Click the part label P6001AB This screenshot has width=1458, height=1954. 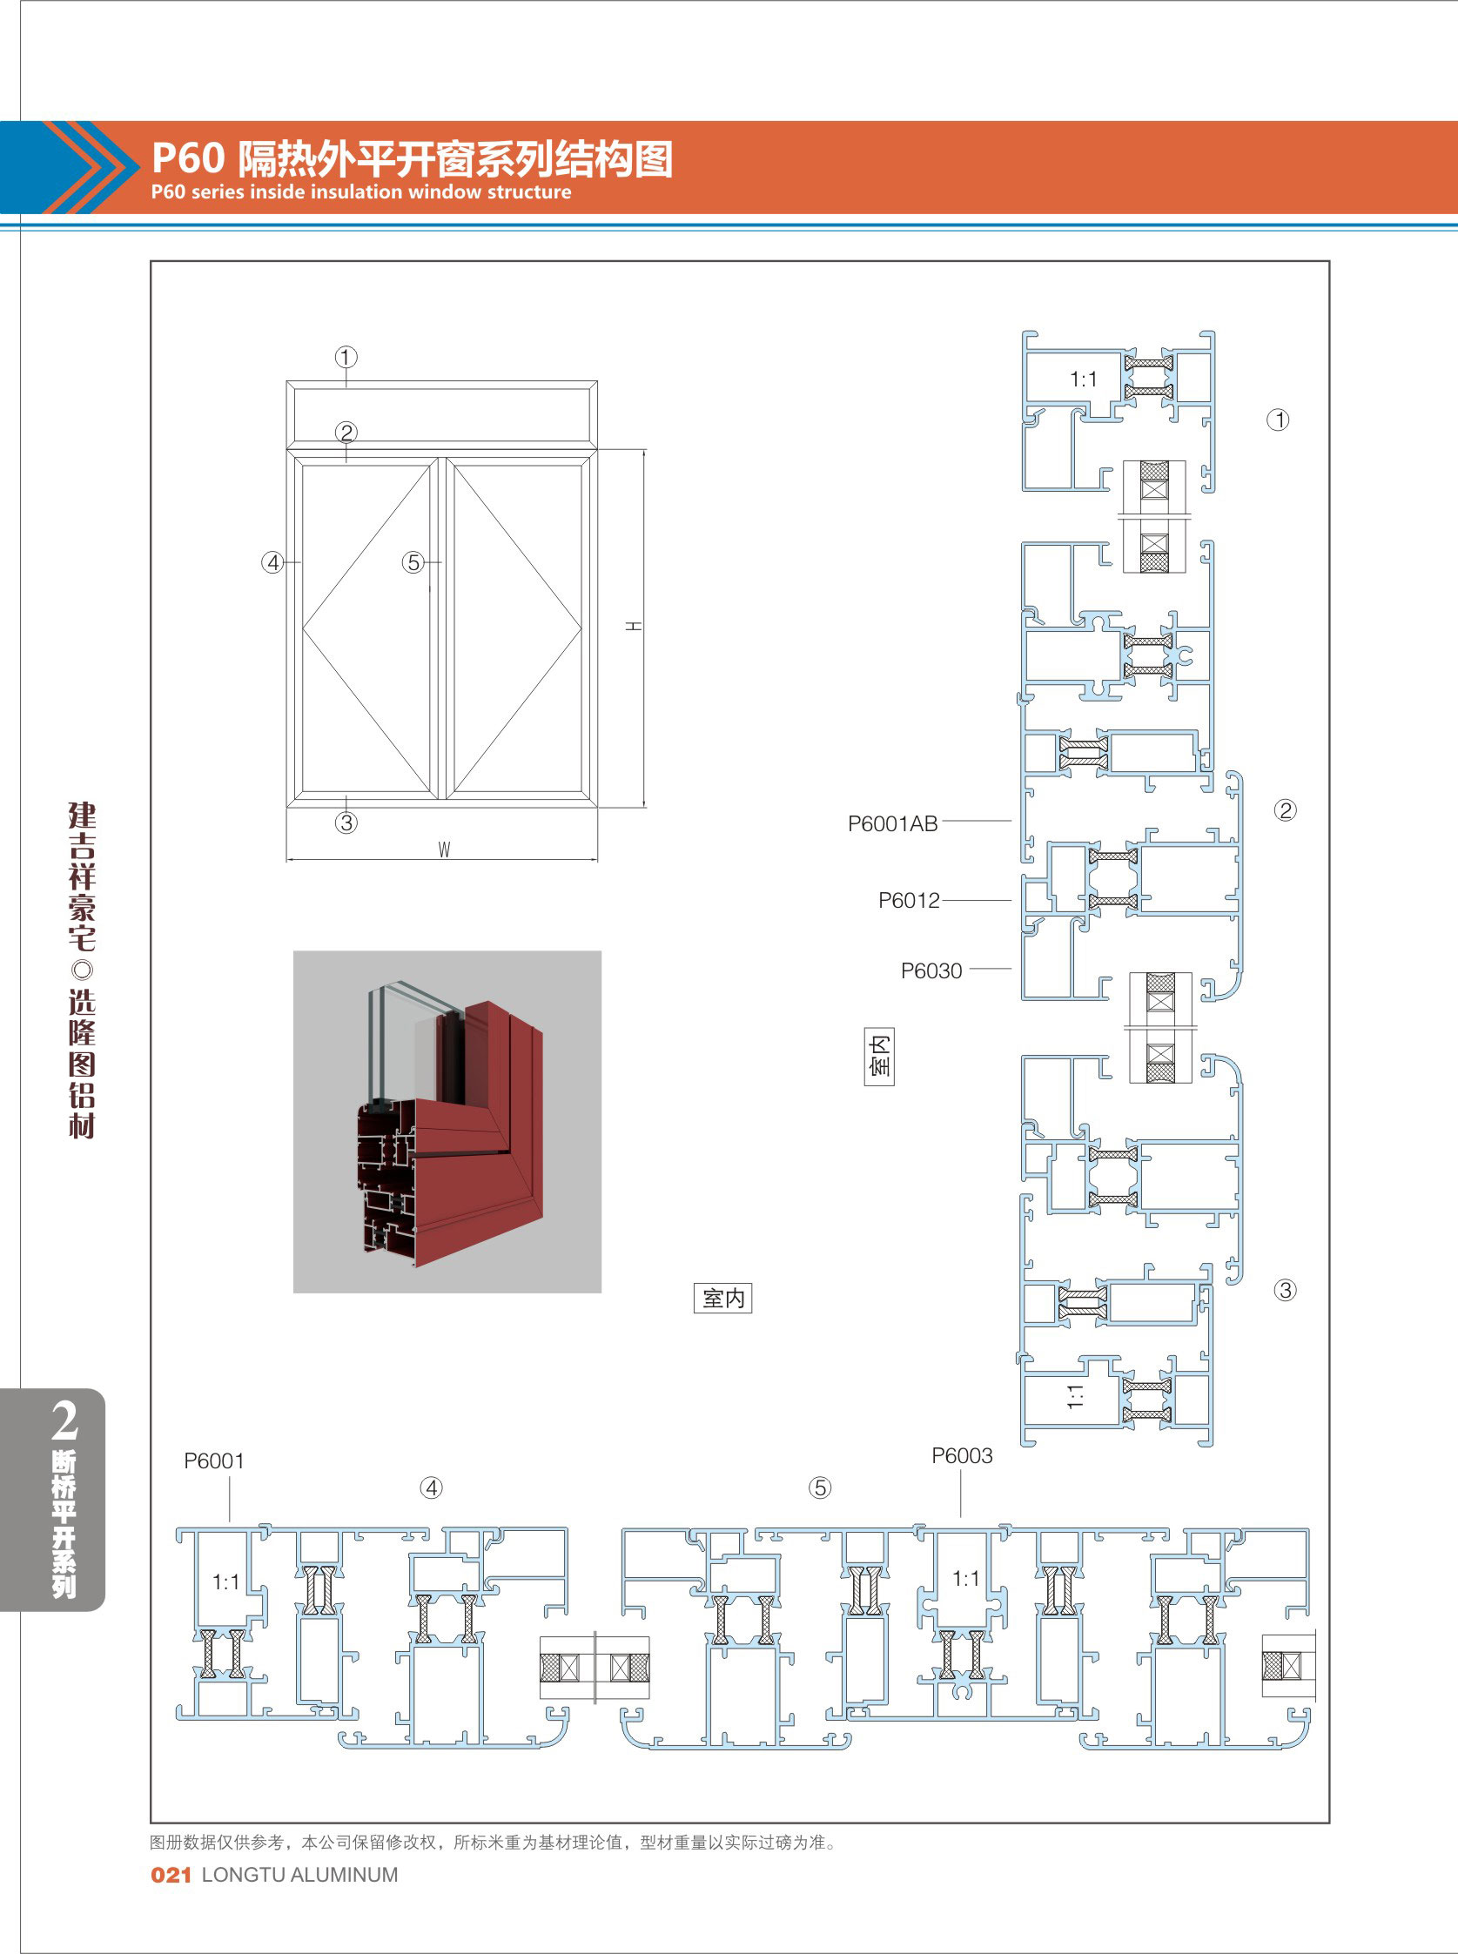[892, 823]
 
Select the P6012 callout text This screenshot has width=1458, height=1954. [909, 900]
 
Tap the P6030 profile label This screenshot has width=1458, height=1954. [931, 970]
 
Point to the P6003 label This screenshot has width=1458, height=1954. [962, 1455]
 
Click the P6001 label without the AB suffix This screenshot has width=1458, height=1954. [213, 1460]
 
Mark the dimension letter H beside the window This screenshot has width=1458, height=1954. [634, 626]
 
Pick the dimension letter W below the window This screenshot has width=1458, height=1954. [444, 849]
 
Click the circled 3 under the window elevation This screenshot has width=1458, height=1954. [346, 823]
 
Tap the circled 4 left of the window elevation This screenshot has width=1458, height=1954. [272, 562]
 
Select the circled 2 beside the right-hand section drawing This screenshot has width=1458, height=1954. [1285, 810]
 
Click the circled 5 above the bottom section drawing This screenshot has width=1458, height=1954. [820, 1487]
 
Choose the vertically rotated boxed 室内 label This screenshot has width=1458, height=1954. [879, 1057]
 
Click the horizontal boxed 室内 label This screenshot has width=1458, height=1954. [722, 1298]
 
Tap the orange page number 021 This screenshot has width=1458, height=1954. [171, 1875]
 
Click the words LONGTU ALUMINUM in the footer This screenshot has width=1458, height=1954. [300, 1875]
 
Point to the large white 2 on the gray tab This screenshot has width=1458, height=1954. [64, 1420]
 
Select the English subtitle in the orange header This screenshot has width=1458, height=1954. [361, 191]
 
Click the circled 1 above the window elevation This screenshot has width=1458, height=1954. [346, 358]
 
